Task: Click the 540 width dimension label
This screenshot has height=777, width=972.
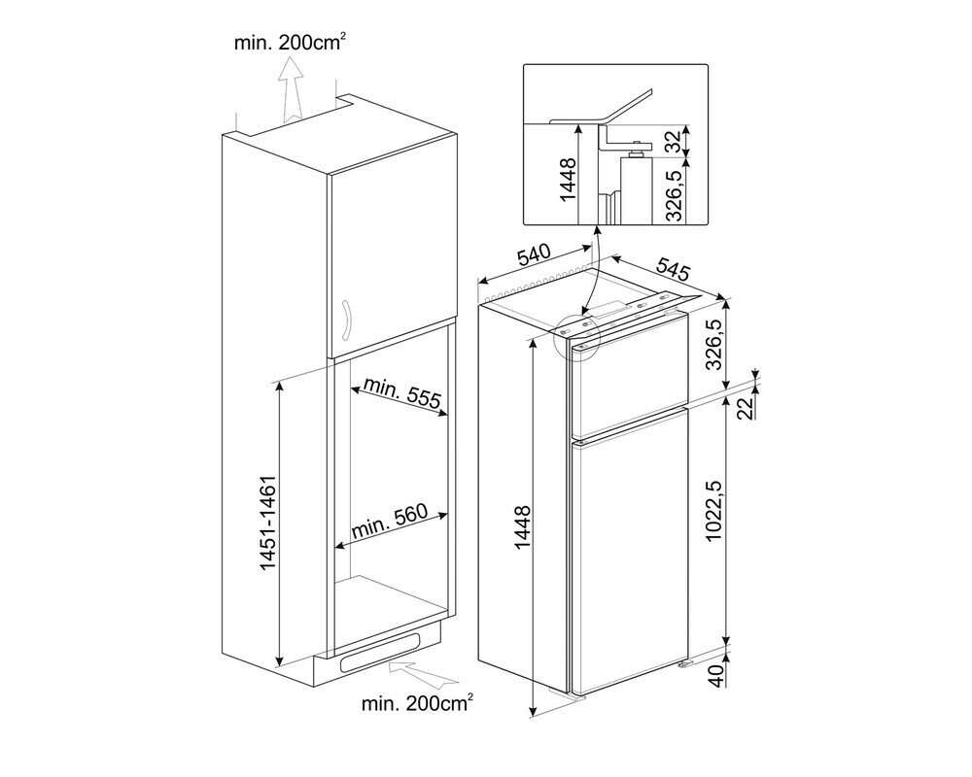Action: pyautogui.click(x=534, y=256)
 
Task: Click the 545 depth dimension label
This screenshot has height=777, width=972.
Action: pyautogui.click(x=674, y=266)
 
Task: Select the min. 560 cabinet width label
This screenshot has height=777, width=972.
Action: pyautogui.click(x=389, y=527)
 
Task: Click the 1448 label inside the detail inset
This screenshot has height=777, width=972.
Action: pyautogui.click(x=570, y=178)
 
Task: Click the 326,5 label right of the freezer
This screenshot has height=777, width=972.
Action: pyautogui.click(x=741, y=345)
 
